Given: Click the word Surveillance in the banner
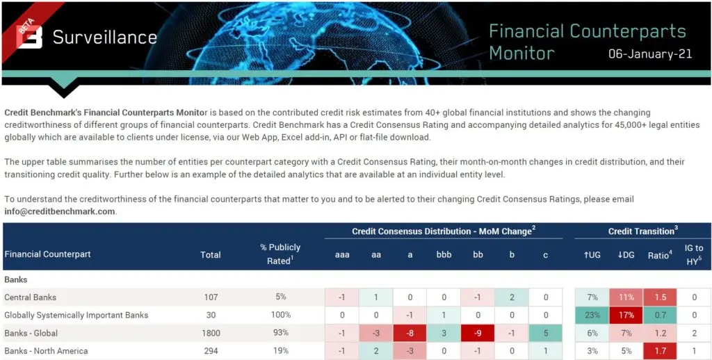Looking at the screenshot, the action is pos(105,38).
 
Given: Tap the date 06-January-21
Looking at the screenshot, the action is pos(650,54).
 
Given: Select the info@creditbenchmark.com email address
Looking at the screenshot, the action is pos(60,211).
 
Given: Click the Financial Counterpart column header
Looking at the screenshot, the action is pos(48,254).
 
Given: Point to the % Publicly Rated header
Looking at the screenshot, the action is pos(280,254).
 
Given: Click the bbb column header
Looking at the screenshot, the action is pos(444,254).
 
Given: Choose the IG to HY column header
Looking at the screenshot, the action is pos(694,254).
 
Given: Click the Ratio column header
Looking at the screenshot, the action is pos(659,254).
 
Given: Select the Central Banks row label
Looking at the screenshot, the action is pos(31,297).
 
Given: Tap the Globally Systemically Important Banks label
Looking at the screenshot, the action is pos(76,315).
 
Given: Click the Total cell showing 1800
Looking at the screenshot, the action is pos(211,333).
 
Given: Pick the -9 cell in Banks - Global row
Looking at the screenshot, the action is pos(478,333).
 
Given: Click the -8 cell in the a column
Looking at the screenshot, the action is pos(410,333).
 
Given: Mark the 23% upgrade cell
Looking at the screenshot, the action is pos(592,315).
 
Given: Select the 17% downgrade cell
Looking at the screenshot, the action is pos(626,315).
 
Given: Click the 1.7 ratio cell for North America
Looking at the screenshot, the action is pos(660,351).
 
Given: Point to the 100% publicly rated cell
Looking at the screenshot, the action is pos(281,315).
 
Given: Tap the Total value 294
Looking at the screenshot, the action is pos(211,351).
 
